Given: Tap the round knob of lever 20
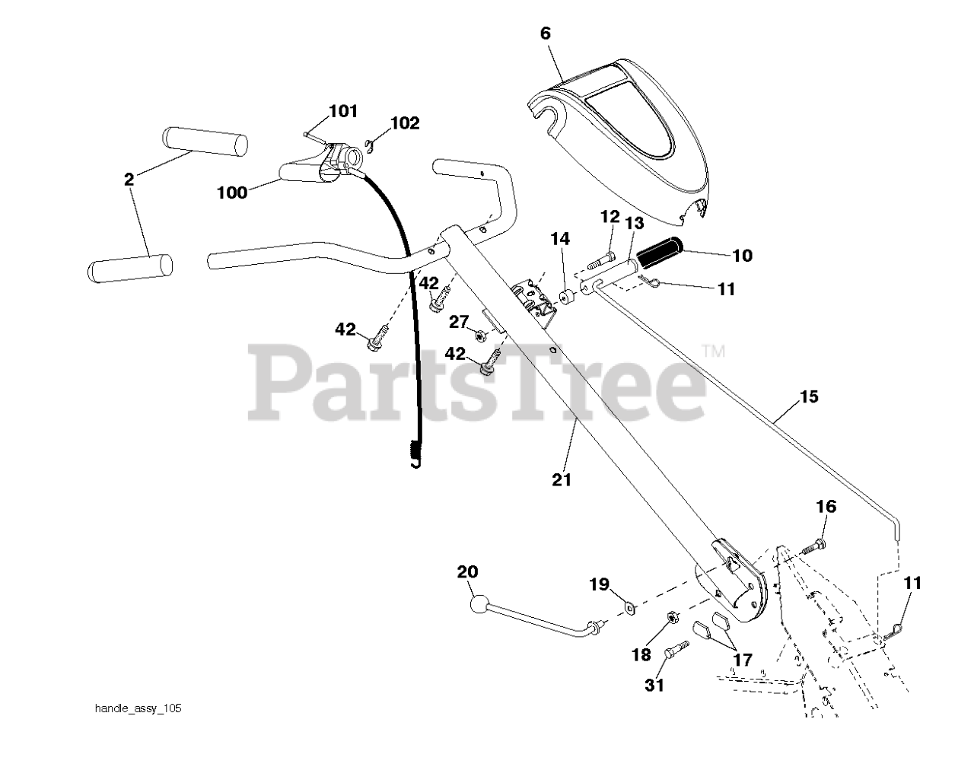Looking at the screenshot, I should [479, 607].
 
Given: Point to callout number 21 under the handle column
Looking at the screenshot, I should [562, 479].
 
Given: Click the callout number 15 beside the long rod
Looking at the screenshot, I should [809, 396].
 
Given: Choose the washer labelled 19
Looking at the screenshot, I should [630, 606].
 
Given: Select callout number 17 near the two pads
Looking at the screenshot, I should [742, 659].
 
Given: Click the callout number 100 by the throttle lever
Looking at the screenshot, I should [231, 193].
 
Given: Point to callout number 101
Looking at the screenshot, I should [343, 112].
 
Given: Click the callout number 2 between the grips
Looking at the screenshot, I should [129, 180].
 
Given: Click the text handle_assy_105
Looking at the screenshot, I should [138, 709].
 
